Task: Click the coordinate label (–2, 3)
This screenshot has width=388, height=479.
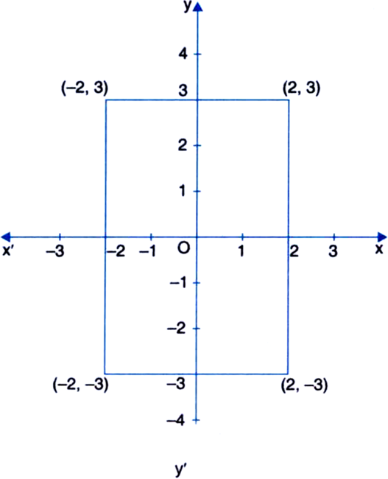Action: pos(85,88)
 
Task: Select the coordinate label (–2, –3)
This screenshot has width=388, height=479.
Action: pos(80,385)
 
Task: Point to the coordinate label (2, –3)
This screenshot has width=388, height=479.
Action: pos(304,385)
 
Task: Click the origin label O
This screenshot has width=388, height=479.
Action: pos(183,248)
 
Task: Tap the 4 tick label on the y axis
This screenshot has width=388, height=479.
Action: pos(183,55)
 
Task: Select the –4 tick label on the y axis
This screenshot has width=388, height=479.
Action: pos(176,421)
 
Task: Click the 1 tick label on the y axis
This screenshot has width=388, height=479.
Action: pos(183,191)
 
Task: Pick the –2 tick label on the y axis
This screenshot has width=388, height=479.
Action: pos(177,329)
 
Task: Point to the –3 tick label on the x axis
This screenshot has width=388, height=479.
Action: pos(55,251)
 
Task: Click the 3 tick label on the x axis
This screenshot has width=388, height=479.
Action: pos(334,251)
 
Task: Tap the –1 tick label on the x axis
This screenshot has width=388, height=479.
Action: pos(147,251)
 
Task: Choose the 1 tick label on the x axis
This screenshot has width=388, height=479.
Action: pos(241,251)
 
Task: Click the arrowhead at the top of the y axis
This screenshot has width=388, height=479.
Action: pos(199,7)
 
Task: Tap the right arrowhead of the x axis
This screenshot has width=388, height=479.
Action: pos(382,237)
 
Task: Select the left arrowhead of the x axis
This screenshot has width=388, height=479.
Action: pos(6,237)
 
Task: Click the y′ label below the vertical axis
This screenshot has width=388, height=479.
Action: pos(181,469)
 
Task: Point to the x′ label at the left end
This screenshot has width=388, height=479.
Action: pos(7,251)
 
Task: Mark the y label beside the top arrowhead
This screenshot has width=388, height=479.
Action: pos(188,7)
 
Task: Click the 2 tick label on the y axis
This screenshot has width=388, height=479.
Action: pos(183,145)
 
